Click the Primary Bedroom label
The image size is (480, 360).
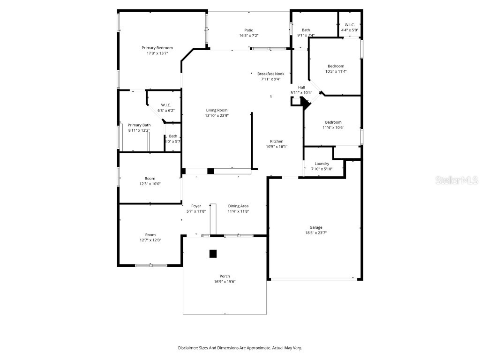[157, 48]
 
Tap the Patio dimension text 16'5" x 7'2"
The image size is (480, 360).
[248, 36]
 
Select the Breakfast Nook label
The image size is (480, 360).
[270, 74]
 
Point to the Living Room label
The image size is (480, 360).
[216, 110]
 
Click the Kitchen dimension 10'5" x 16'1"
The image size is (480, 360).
[276, 147]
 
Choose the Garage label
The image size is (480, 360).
[315, 227]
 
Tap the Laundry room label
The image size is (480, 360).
[322, 164]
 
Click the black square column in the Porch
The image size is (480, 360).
[213, 254]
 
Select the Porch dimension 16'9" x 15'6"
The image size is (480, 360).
[225, 282]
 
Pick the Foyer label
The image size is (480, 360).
[196, 206]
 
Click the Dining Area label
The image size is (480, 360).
[238, 206]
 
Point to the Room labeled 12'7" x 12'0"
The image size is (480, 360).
[150, 235]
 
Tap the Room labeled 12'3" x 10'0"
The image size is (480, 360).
[150, 179]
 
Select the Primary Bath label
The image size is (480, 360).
[139, 125]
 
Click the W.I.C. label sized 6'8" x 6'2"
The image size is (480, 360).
[165, 105]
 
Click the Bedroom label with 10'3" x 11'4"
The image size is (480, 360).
[336, 66]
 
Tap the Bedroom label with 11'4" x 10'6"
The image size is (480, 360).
[333, 122]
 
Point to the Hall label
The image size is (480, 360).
[301, 87]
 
